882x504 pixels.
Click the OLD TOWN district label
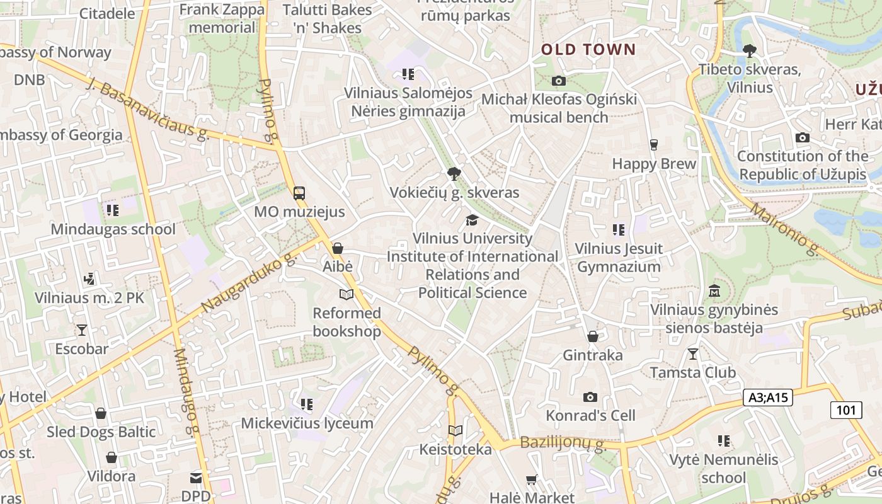click(588, 50)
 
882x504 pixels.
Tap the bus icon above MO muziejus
click(299, 193)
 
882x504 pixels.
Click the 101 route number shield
click(845, 410)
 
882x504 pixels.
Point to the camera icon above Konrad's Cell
click(590, 397)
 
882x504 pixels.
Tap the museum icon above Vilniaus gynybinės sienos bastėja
click(714, 291)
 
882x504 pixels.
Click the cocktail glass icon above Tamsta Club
click(693, 354)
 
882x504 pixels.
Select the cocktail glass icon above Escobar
click(81, 329)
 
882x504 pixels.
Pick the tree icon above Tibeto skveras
click(749, 51)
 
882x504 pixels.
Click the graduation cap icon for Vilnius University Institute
click(472, 220)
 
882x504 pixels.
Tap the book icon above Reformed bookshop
click(346, 294)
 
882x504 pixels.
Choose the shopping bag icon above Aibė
click(338, 248)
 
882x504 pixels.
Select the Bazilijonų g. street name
click(563, 444)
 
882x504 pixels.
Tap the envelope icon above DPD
click(197, 478)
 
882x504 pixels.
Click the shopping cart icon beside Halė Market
click(532, 480)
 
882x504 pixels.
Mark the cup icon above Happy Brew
click(653, 145)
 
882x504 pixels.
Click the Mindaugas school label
click(113, 229)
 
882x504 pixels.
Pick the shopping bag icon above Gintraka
click(593, 336)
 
